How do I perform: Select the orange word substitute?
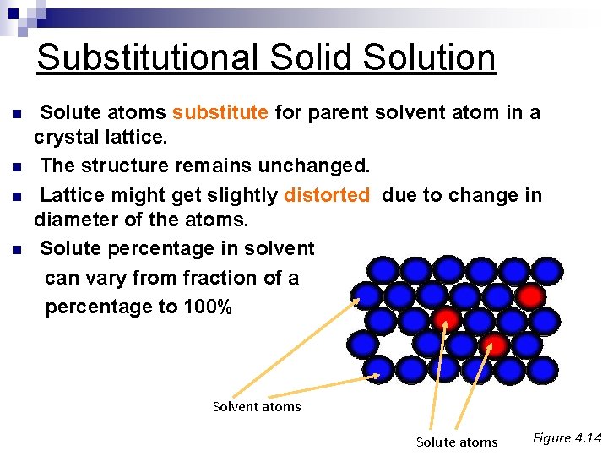pyautogui.click(x=220, y=112)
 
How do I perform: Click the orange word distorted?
pyautogui.click(x=327, y=195)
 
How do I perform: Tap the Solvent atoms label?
pyautogui.click(x=257, y=407)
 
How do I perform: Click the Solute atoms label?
pyautogui.click(x=457, y=442)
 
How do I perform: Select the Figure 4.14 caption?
pyautogui.click(x=567, y=437)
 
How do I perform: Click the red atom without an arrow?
pyautogui.click(x=529, y=296)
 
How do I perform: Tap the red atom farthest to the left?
pyautogui.click(x=446, y=319)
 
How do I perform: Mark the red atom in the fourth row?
pyautogui.click(x=494, y=345)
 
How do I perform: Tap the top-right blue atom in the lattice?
pyautogui.click(x=547, y=269)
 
